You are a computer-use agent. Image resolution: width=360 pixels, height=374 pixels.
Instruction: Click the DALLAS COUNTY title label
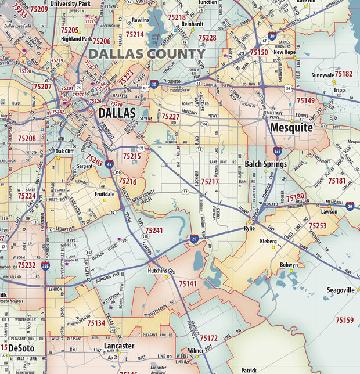147,54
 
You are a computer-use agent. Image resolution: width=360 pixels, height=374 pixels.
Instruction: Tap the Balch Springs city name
265,164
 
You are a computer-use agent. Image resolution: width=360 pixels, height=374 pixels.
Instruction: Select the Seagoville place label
340,290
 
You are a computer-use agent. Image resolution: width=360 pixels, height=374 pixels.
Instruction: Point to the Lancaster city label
119,346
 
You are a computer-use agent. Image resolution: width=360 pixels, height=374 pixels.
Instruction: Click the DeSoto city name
21,348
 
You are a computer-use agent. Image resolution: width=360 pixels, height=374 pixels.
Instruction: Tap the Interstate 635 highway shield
278,152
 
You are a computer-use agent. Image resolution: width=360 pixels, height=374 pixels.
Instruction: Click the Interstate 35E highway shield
45,266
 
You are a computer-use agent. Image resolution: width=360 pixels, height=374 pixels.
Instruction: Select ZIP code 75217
210,182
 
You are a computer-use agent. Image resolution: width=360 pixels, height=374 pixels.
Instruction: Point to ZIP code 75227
170,117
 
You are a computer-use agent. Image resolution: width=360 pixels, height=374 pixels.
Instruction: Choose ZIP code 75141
188,284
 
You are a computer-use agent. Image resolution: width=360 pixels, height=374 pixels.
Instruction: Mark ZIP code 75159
344,320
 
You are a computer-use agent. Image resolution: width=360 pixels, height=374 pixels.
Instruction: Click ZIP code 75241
154,231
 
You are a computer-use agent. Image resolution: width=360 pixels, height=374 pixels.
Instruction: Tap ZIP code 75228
207,38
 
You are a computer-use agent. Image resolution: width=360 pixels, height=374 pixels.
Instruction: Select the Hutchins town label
157,271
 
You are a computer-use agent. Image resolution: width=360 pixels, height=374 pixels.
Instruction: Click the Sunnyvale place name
323,75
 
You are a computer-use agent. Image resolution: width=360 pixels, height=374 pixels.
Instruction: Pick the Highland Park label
76,39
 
